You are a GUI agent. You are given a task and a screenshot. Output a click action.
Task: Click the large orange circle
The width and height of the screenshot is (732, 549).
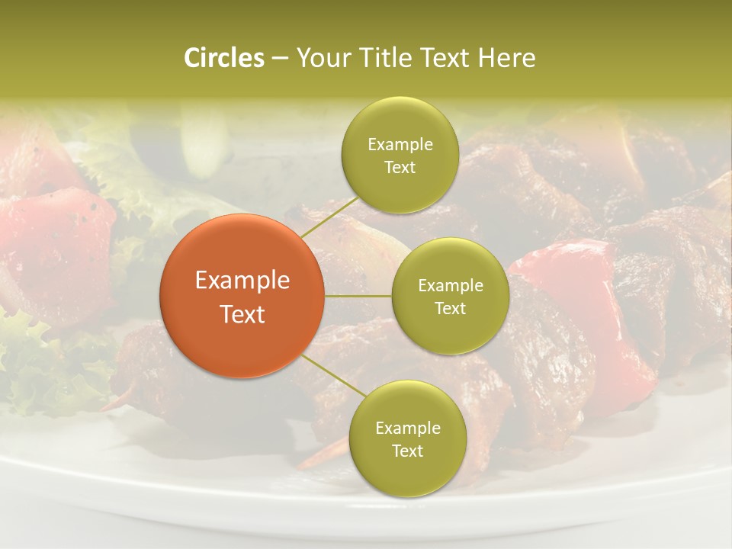tap(242, 296)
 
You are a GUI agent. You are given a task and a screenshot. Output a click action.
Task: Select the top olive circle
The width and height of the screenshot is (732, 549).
tap(400, 156)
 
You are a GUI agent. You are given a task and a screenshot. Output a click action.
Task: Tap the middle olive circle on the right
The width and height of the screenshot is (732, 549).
tap(450, 296)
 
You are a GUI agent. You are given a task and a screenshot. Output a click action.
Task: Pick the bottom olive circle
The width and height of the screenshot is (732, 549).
tap(407, 438)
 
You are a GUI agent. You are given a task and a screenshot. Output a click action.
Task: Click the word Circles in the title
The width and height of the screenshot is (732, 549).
tap(224, 58)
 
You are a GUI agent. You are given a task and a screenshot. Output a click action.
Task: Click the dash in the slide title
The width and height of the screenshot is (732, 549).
tap(280, 59)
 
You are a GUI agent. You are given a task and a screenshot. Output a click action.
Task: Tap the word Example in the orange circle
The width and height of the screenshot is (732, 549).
tap(242, 281)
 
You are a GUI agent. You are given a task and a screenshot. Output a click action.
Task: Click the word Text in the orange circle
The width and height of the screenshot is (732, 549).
tap(242, 314)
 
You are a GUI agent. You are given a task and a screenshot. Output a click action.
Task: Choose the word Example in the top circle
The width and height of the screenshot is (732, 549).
tap(400, 145)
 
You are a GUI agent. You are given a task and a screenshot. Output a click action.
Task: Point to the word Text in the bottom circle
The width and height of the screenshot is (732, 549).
tap(407, 451)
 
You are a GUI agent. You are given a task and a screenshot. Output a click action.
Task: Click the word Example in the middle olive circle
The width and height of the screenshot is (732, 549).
tap(451, 286)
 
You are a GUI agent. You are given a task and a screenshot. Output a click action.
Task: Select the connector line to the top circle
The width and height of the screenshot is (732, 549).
tap(329, 216)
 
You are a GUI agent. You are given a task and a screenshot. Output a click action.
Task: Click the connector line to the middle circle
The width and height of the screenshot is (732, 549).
tap(358, 296)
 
